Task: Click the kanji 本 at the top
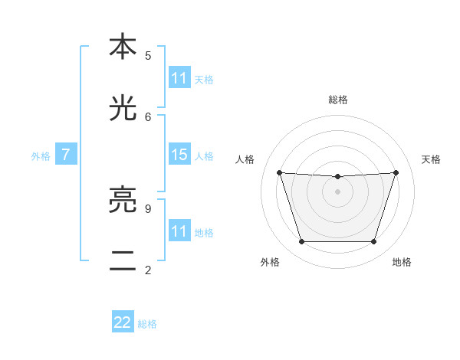(123, 47)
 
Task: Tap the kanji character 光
(123, 109)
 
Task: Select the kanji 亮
(123, 201)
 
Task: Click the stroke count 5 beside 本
(148, 55)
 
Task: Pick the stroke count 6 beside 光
(148, 116)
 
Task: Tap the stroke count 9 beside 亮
(148, 208)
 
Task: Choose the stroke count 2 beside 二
(148, 270)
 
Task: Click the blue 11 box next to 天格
(179, 78)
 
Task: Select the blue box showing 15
(179, 155)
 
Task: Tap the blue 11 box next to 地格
(179, 231)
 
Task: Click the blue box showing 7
(66, 155)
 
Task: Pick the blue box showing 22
(123, 322)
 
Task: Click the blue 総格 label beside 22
(147, 324)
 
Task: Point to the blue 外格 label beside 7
(41, 156)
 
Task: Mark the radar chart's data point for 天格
(396, 172)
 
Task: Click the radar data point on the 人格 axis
(279, 172)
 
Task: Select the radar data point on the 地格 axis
(373, 242)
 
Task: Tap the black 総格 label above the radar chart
(338, 100)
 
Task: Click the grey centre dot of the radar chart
(337, 191)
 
